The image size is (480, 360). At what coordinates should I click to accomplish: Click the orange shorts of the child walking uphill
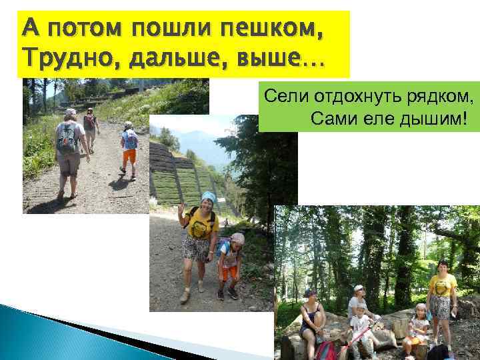point(129,156)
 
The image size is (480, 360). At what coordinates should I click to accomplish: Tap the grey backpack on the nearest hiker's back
point(67,137)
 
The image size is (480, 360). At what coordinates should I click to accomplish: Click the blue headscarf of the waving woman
point(209,197)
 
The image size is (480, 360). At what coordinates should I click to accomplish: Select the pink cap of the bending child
point(237,238)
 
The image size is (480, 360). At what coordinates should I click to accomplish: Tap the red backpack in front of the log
point(327,350)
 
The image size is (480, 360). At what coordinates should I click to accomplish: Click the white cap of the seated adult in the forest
point(359,289)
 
